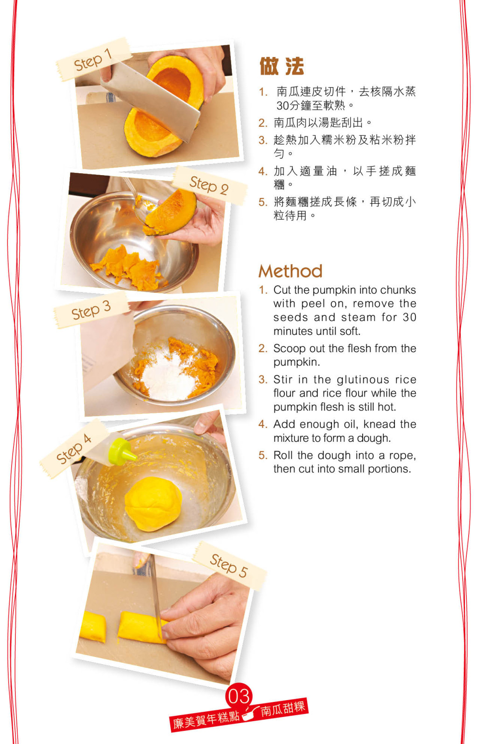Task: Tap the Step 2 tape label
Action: tap(210, 185)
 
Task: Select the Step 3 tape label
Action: tap(91, 310)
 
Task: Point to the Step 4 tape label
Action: tap(74, 448)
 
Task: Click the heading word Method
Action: tap(290, 271)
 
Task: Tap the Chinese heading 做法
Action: tap(281, 66)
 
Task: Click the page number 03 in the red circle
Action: tap(239, 696)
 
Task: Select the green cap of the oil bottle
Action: tap(122, 451)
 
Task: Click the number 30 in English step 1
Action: tap(410, 317)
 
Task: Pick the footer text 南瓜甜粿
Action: tap(283, 709)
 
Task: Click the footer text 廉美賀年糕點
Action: tap(206, 719)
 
